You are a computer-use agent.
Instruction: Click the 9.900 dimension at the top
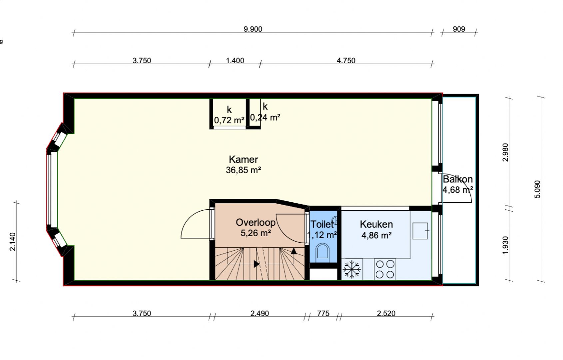coord(253,29)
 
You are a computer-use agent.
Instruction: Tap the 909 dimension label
coord(459,29)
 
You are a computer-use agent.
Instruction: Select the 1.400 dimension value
coord(235,61)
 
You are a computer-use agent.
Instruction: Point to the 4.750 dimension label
coord(346,61)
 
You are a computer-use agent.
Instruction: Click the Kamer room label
coord(243,159)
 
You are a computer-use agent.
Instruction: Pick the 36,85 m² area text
coord(243,170)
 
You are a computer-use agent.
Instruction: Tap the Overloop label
coord(256,222)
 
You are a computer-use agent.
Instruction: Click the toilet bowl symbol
coord(322,251)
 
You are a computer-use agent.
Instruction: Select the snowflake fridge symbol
coord(352,269)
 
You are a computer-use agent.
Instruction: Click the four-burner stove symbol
coord(385,269)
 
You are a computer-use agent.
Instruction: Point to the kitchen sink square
coord(420,231)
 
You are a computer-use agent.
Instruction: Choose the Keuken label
coord(376,224)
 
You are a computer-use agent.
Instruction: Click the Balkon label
coord(457,179)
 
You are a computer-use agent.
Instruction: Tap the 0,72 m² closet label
coord(229,120)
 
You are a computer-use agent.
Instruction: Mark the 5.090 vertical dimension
coord(537,189)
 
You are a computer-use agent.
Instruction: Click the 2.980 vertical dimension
coord(505,152)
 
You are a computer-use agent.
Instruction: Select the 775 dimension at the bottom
coord(323,313)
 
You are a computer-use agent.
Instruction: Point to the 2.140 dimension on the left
coord(12,242)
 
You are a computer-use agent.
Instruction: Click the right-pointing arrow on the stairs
coord(256,264)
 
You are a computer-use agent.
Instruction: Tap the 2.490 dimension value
coord(260,313)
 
